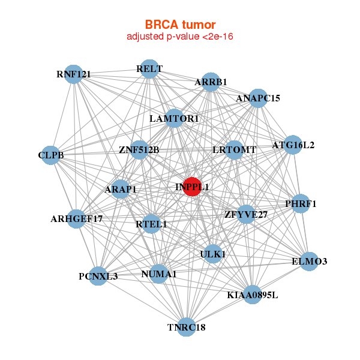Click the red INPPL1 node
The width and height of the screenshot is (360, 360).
tap(192, 187)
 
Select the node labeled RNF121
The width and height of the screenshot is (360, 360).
tap(73, 74)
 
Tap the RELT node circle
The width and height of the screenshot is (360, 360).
tap(149, 69)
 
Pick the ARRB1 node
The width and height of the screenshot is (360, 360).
tap(211, 82)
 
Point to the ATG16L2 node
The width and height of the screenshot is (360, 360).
tap(293, 145)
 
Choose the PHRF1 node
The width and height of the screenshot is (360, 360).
tap(301, 204)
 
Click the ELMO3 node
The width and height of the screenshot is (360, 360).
tap(309, 261)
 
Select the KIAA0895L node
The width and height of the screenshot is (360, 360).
tap(253, 295)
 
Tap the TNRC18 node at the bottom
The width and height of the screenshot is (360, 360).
tap(187, 327)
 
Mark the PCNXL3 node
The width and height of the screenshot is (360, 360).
tap(98, 277)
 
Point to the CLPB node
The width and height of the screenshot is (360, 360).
tap(51, 155)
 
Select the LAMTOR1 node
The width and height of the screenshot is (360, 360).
tap(174, 119)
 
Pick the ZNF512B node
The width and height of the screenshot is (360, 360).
tap(139, 149)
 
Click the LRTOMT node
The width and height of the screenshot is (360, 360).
tap(235, 149)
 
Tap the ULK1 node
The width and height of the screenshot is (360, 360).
tap(212, 254)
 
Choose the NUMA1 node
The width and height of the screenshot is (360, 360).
tap(158, 274)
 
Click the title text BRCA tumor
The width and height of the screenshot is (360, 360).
tap(180, 25)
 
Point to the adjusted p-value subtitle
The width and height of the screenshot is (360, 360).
tap(180, 37)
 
